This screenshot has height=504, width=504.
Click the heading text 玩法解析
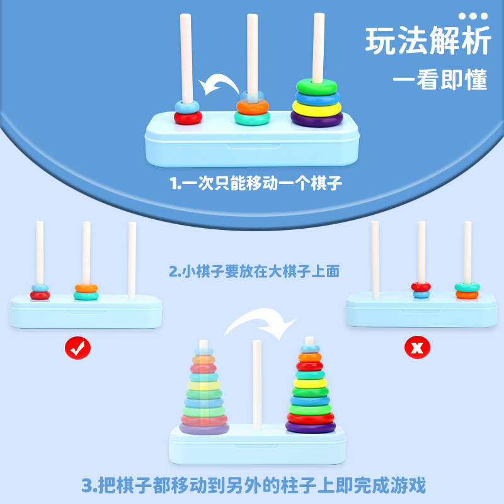428,42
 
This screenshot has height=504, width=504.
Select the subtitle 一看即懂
440,80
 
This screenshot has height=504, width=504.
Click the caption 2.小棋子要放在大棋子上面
255,272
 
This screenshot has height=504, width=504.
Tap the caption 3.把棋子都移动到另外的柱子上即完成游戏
255,486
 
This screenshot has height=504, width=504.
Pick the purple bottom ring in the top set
316,118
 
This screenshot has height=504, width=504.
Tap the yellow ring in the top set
316,108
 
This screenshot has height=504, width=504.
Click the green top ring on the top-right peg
316,84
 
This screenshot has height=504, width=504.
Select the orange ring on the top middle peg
252,106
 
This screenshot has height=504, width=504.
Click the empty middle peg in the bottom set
257,384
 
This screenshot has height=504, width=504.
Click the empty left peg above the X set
375,258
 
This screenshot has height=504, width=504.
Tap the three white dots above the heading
472,15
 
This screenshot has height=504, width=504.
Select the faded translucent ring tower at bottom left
203,394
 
